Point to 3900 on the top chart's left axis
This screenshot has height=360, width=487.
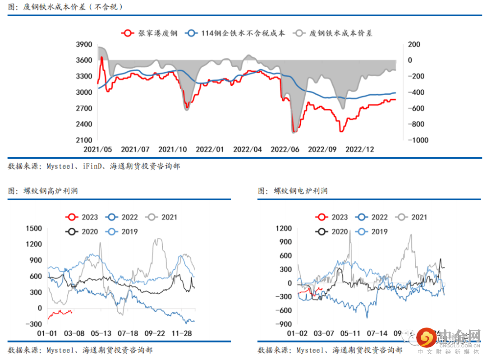click(x=85, y=45)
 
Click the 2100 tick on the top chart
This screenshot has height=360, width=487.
click(x=85, y=140)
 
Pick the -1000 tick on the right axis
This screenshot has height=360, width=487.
click(x=418, y=140)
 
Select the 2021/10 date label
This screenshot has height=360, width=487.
click(x=173, y=149)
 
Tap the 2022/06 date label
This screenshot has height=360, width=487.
click(x=285, y=149)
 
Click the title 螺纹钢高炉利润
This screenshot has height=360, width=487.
click(x=51, y=191)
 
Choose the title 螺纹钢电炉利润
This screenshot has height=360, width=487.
click(x=300, y=191)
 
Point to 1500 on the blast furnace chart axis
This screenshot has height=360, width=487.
click(x=34, y=228)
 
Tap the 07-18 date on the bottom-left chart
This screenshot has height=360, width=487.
click(x=129, y=333)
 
